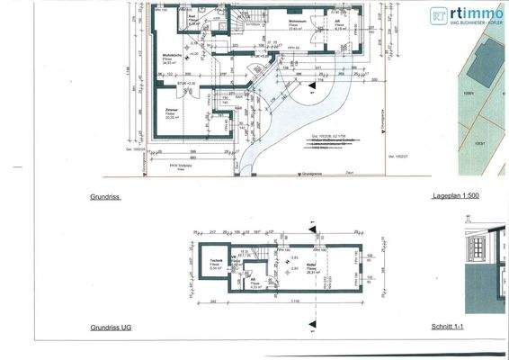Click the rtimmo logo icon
click(439, 14)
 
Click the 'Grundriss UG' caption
click(112, 328)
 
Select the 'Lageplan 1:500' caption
click(460, 195)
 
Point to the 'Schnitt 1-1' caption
click(472, 328)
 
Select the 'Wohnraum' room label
click(299, 22)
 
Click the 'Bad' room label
click(191, 17)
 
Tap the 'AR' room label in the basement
click(254, 281)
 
